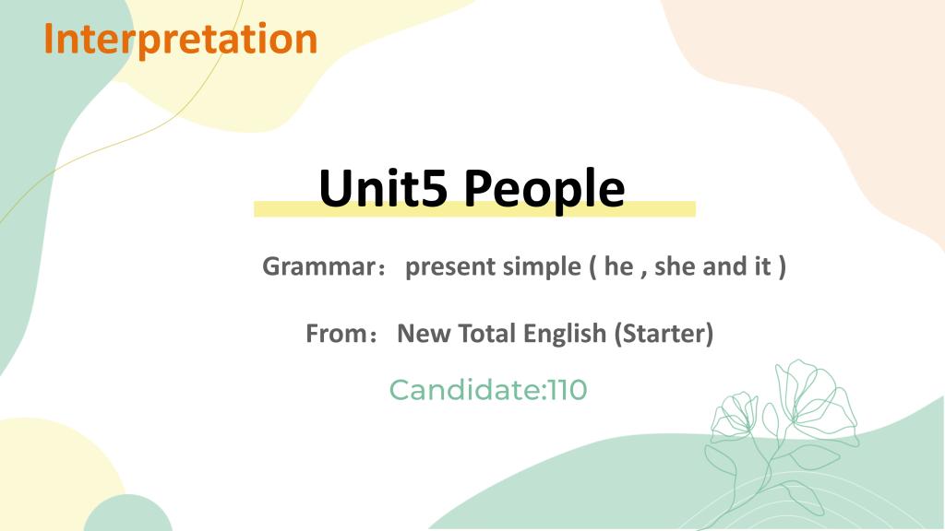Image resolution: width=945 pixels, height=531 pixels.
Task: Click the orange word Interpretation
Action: point(181,39)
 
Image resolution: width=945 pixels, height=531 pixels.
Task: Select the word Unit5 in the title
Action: point(383,188)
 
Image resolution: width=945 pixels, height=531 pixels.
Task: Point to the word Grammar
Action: point(318,266)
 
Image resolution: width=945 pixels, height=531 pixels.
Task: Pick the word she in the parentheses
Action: point(675,266)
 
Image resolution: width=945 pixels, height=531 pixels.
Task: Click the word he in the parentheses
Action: point(618,266)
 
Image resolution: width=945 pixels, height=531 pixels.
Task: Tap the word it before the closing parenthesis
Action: point(763,266)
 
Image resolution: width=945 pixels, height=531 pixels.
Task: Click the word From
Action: point(336,334)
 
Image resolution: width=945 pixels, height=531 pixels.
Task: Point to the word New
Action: point(424,334)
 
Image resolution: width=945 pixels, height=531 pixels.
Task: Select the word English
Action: point(565,334)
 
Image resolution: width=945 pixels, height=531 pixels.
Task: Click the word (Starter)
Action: point(664,334)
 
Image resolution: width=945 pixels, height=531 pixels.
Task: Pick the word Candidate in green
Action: point(466,390)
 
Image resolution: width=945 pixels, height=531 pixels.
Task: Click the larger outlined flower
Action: point(817,397)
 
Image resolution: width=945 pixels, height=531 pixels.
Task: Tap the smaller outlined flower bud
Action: point(734,417)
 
